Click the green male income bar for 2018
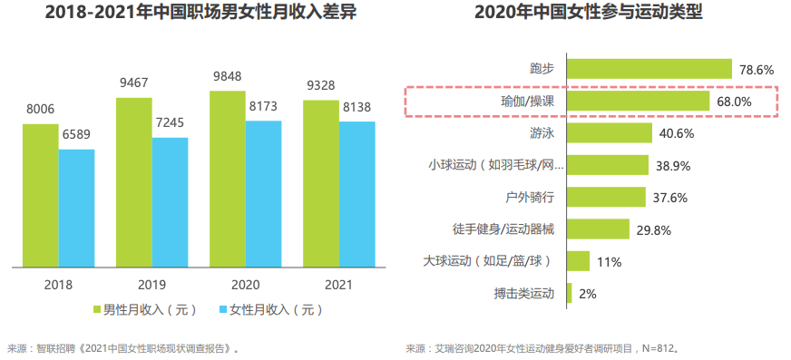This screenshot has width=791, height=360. tap(40, 196)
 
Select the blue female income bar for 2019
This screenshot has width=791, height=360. tap(170, 203)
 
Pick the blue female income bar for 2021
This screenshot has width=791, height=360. tap(356, 195)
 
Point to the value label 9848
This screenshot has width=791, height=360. tap(227, 76)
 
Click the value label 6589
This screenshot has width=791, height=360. tap(76, 135)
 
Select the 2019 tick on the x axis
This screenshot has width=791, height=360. tap(151, 283)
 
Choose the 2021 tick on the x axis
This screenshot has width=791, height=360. tap(338, 283)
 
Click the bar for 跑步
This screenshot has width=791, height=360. tap(649, 69)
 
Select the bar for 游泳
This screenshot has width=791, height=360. tap(609, 133)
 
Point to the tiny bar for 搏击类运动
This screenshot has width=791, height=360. tap(569, 294)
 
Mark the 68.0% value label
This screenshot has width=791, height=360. tap(734, 102)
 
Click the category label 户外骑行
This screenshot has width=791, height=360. tap(530, 198)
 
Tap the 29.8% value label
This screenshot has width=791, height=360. tap(653, 230)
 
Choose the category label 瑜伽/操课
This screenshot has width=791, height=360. tap(526, 102)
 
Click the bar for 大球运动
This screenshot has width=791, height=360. tap(578, 262)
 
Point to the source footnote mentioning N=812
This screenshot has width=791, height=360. tap(542, 347)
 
